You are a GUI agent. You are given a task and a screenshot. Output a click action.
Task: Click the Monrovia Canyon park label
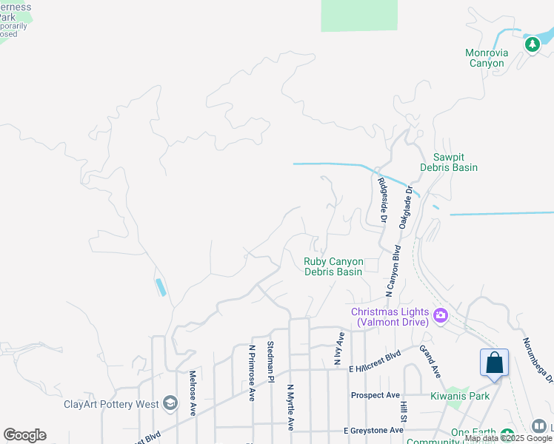[x=486, y=58]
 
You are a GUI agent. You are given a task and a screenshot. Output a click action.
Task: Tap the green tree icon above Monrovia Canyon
[x=532, y=44]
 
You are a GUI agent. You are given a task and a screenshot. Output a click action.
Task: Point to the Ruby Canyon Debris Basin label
[x=333, y=266]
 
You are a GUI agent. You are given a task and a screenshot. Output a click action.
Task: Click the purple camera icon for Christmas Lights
[x=441, y=316]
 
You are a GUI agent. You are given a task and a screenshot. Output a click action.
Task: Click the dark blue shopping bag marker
[x=494, y=363]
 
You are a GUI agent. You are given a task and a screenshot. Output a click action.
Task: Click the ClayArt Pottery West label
[x=111, y=404]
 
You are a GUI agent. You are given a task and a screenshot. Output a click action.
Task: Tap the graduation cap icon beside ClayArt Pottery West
[x=170, y=403]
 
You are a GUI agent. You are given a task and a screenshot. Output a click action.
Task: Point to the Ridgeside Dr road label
[x=383, y=200]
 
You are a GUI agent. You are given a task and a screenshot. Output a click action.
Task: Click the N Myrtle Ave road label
[x=291, y=406]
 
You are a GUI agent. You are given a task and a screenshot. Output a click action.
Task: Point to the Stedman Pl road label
[x=271, y=362]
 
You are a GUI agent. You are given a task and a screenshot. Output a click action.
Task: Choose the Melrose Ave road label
[x=192, y=393]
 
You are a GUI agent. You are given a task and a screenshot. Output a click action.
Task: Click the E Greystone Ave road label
[x=373, y=430]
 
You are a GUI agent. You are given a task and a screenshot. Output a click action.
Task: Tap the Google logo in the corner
[x=24, y=435]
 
